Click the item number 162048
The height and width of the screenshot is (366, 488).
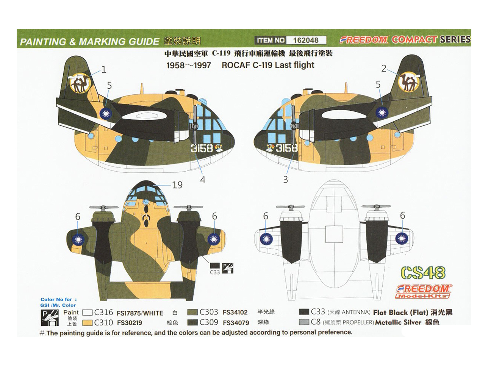(x=306, y=40)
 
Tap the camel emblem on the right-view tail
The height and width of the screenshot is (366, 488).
(x=410, y=82)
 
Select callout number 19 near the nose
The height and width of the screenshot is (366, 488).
(x=177, y=185)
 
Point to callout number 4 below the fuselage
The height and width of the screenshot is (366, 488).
(x=203, y=180)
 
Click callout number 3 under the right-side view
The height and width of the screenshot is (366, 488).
(x=286, y=179)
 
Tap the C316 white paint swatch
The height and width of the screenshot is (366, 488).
(x=88, y=313)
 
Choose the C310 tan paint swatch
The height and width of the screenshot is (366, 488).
(x=88, y=323)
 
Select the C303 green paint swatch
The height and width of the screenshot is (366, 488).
(x=192, y=312)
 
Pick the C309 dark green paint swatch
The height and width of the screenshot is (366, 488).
(x=192, y=322)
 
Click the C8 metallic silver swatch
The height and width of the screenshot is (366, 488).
(x=304, y=322)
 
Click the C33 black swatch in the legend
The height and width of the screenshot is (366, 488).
(x=304, y=312)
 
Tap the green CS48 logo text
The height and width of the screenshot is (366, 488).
(x=423, y=273)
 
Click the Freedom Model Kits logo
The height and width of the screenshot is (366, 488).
(x=424, y=291)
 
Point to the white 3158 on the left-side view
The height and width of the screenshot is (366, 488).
(x=202, y=148)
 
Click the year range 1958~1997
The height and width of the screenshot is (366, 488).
(x=189, y=65)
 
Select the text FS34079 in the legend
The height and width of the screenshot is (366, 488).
(x=236, y=323)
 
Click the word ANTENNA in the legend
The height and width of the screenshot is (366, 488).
(x=356, y=313)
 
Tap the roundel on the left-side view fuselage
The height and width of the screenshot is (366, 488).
(x=106, y=113)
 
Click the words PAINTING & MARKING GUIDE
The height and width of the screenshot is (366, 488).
(x=89, y=42)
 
